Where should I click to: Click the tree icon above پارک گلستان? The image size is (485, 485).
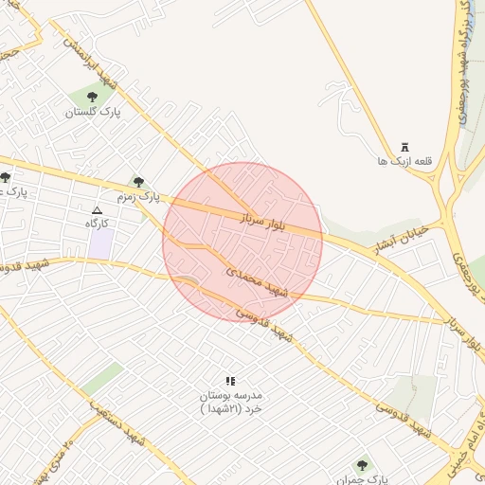[91, 96]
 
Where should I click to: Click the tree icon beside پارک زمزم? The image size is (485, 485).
[139, 181]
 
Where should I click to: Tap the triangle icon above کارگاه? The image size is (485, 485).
[97, 209]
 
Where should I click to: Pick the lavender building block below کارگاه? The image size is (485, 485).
[100, 242]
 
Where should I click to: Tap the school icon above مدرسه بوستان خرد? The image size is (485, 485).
[229, 380]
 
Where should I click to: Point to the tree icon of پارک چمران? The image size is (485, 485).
[361, 465]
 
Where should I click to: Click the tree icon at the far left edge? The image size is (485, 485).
[5, 177]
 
